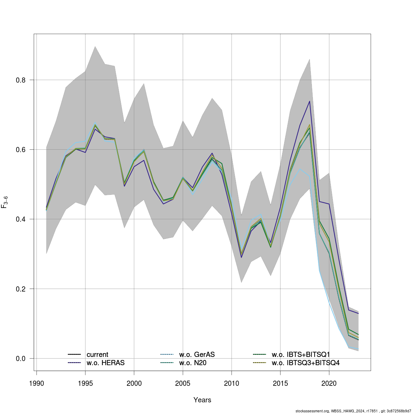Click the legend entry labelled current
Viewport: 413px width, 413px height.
[97, 354]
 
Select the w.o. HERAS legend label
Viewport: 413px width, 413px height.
[106, 363]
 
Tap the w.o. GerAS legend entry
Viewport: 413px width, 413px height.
[197, 354]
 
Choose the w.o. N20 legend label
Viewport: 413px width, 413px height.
[192, 363]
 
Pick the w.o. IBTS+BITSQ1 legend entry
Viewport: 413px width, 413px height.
[301, 354]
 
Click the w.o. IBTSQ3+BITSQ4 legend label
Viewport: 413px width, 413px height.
[306, 363]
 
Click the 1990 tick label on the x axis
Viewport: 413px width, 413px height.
[36, 383]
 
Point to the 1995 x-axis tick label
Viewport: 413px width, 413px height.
[85, 383]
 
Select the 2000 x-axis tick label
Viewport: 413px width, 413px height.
[134, 383]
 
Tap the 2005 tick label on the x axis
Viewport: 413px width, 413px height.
[183, 383]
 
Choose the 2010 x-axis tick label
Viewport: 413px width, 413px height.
[232, 383]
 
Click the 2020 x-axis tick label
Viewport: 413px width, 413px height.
[329, 383]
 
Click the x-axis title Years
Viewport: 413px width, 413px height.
[202, 400]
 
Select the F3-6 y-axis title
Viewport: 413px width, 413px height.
[5, 202]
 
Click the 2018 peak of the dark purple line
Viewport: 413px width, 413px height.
[310, 101]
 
